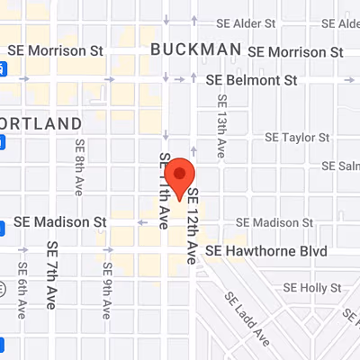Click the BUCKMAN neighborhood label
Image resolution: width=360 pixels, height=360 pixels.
click(195, 49)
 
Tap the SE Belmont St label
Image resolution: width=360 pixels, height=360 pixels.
click(251, 80)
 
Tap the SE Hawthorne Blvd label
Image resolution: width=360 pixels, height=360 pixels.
click(265, 250)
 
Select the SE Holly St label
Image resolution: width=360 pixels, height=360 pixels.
click(312, 288)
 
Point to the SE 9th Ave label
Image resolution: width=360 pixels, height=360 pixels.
click(107, 286)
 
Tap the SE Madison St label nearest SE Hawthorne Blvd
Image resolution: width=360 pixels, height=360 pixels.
click(272, 221)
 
